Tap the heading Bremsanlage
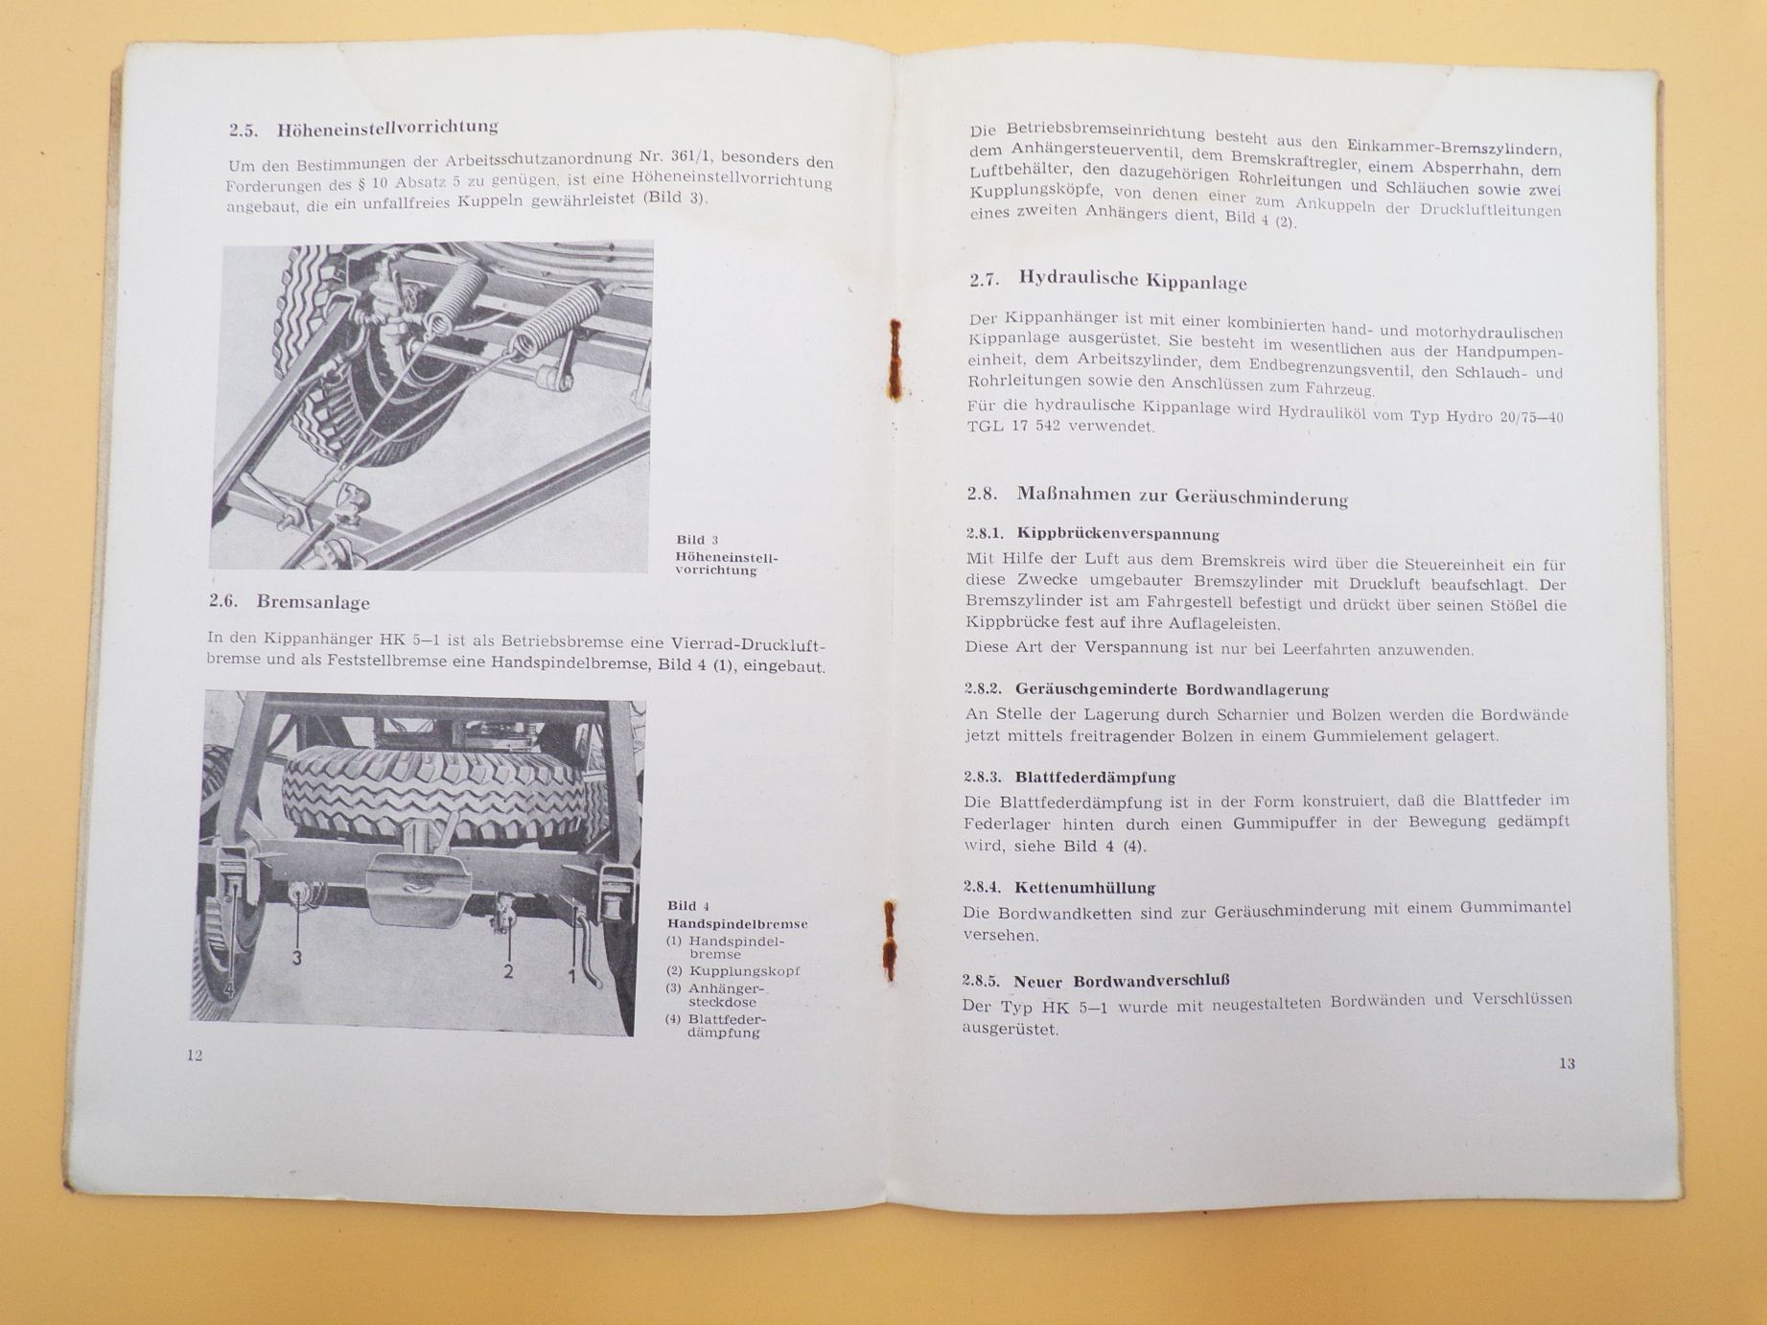click(x=313, y=602)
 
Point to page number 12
click(x=195, y=1056)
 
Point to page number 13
click(x=1567, y=1062)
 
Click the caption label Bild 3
click(x=697, y=540)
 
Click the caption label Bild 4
click(x=688, y=906)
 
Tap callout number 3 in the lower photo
click(x=298, y=958)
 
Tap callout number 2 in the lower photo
click(x=508, y=972)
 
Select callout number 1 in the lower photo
click(x=573, y=976)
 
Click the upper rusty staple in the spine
click(x=895, y=360)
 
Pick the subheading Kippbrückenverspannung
click(x=1117, y=534)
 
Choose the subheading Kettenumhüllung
click(x=1084, y=887)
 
